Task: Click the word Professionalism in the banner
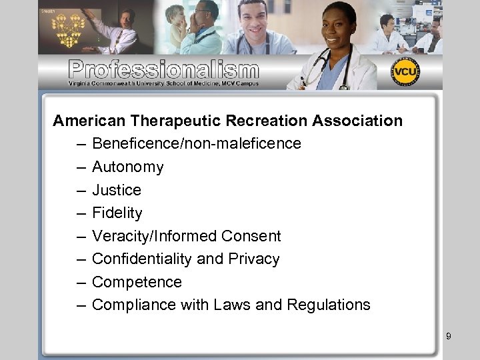pos(163,69)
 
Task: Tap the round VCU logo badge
pos(405,71)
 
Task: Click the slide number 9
pos(449,336)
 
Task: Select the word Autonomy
pos(127,167)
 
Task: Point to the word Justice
pos(117,190)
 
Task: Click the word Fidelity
pos(117,213)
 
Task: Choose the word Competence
pos(137,282)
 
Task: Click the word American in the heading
pos(89,121)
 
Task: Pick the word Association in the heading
pos(355,121)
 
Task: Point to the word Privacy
pos(254,259)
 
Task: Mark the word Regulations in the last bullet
pos(329,305)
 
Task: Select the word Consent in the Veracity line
pos(251,236)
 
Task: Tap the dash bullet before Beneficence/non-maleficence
pos(81,144)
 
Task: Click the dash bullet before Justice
pos(81,191)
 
